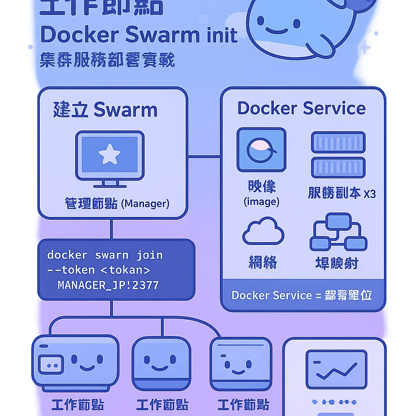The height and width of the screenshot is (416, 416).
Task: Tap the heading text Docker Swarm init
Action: (139, 35)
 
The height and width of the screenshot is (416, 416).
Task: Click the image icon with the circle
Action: (261, 150)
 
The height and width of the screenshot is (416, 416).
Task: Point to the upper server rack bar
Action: (338, 142)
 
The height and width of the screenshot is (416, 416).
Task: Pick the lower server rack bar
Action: (338, 167)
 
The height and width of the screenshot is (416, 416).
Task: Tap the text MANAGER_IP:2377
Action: (108, 285)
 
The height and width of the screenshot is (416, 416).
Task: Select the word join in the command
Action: (149, 255)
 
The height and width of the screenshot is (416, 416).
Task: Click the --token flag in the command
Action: (71, 270)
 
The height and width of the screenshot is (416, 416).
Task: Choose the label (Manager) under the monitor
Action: (145, 203)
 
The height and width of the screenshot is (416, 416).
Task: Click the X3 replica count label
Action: (369, 194)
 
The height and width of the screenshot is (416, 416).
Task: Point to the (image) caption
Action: (261, 202)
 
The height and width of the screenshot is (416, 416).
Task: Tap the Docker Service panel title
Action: (301, 108)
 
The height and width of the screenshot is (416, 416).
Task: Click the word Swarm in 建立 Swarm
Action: (125, 110)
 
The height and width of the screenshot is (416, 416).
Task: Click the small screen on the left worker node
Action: (51, 364)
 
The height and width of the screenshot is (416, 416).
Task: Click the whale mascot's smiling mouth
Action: (277, 32)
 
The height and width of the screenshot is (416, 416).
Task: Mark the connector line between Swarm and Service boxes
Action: (204, 156)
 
